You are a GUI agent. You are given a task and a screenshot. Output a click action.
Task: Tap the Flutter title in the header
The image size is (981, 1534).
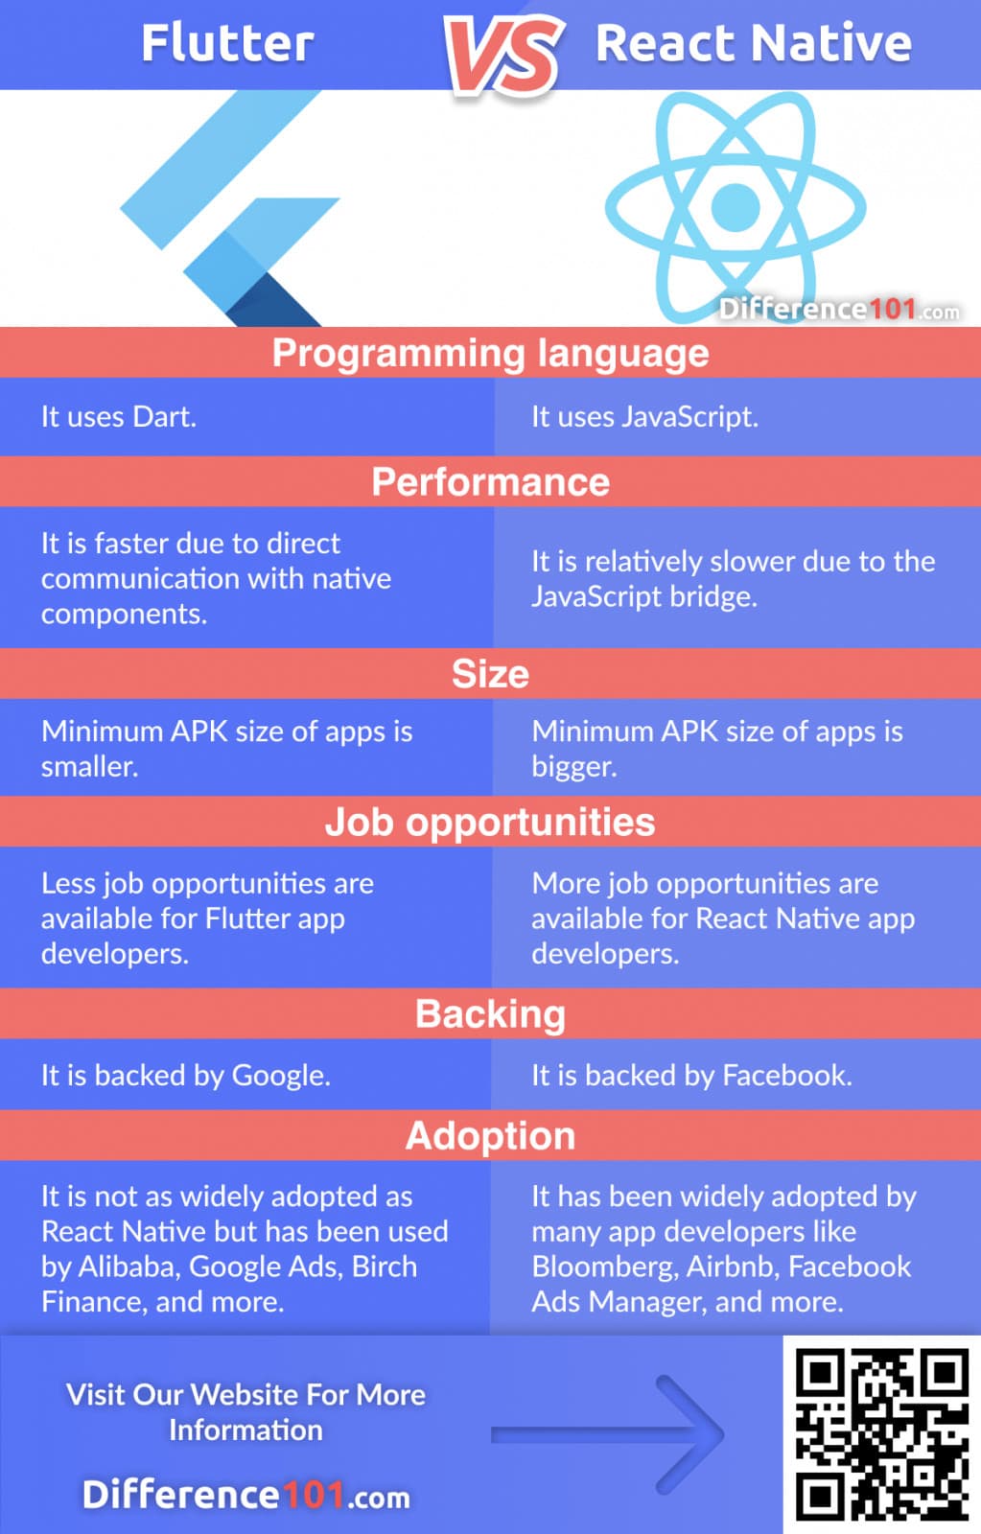tap(227, 43)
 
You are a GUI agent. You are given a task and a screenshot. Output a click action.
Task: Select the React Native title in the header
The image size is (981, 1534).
tap(753, 43)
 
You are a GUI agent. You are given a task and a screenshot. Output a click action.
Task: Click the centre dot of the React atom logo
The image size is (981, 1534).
tap(736, 205)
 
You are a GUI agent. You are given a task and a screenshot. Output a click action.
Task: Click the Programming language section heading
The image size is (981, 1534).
tap(490, 353)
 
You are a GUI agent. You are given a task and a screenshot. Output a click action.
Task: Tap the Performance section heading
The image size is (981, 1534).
tap(490, 481)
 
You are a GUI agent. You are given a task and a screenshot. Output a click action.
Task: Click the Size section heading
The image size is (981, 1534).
tap(490, 674)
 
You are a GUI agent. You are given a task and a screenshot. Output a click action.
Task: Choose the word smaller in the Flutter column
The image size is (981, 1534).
tap(89, 767)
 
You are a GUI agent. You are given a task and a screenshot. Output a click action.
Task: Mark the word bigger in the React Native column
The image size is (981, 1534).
tap(573, 767)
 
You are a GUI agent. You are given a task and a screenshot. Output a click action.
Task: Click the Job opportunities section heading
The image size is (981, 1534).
tap(490, 823)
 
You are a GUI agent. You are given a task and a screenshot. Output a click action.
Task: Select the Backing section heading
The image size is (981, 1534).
tap(490, 1014)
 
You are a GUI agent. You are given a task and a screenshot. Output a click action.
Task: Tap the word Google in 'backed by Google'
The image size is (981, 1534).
tap(280, 1076)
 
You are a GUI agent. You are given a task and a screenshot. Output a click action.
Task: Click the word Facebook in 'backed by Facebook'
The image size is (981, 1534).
tap(785, 1076)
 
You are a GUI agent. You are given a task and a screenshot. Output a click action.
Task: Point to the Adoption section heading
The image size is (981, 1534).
tap(490, 1136)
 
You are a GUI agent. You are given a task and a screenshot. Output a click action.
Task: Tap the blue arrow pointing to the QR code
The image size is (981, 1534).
tap(614, 1434)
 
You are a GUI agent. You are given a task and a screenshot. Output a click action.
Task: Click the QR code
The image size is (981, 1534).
tap(881, 1434)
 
